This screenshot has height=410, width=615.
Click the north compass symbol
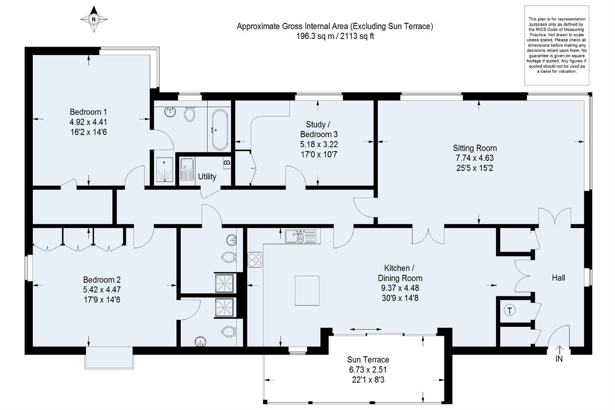pyautogui.click(x=94, y=19)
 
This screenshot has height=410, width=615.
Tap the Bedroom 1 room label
pyautogui.click(x=88, y=112)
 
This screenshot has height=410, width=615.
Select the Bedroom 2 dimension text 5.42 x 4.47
pyautogui.click(x=102, y=290)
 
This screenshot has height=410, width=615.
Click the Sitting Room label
pyautogui.click(x=475, y=148)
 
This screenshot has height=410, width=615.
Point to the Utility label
pyautogui.click(x=207, y=176)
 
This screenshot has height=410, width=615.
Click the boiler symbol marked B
pyautogui.click(x=227, y=162)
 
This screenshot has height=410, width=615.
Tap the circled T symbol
pyautogui.click(x=510, y=310)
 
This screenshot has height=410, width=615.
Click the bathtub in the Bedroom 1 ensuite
pyautogui.click(x=220, y=130)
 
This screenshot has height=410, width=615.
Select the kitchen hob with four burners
pyautogui.click(x=255, y=260)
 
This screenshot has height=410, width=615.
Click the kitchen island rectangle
pyautogui.click(x=307, y=290)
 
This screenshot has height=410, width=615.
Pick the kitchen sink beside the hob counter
pyautogui.click(x=300, y=236)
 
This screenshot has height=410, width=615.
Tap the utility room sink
pyautogui.click(x=187, y=169)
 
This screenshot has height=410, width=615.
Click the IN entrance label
pyautogui.click(x=559, y=359)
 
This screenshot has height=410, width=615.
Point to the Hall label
pyautogui.click(x=558, y=278)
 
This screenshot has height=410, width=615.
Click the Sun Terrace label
pyautogui.click(x=368, y=359)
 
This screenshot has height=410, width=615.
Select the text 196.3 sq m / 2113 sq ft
pyautogui.click(x=335, y=36)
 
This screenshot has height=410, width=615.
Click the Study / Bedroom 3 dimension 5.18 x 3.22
pyautogui.click(x=319, y=144)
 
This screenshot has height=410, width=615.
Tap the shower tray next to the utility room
pyautogui.click(x=164, y=169)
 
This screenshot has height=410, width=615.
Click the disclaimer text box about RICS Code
pyautogui.click(x=557, y=45)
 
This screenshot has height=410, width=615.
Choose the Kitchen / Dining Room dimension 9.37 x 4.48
pyautogui.click(x=400, y=288)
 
